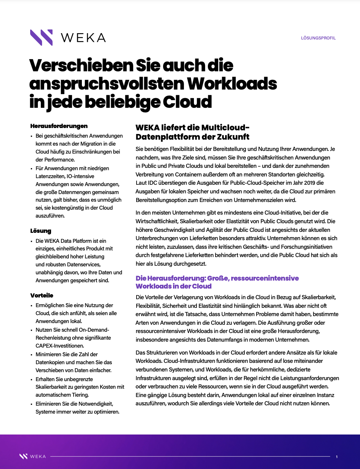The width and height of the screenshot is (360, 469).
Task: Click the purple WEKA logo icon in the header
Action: (41, 37)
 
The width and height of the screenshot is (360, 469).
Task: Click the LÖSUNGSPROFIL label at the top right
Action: (318, 38)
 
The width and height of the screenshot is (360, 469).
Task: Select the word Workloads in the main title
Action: (232, 84)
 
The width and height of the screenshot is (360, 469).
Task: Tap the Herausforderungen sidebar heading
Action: (59, 126)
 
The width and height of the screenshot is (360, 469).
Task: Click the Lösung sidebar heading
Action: (41, 231)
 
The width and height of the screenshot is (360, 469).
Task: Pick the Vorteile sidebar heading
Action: (42, 296)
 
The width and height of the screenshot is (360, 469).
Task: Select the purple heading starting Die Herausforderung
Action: (217, 282)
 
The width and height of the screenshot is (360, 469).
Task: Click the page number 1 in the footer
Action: (336, 457)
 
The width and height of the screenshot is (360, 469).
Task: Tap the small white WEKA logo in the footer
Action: (32, 456)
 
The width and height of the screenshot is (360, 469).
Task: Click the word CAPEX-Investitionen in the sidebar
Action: (60, 346)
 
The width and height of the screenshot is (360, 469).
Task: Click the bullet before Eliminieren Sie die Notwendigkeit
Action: (32, 404)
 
